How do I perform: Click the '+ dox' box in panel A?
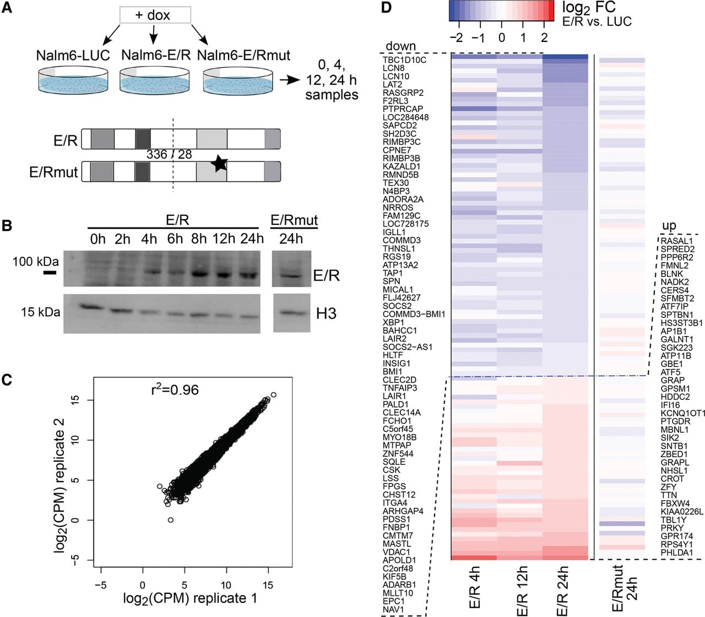pyautogui.click(x=155, y=15)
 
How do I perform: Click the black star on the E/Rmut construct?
pyautogui.click(x=219, y=164)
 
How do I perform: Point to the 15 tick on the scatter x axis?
pyautogui.click(x=267, y=585)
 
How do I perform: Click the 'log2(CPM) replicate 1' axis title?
pyautogui.click(x=190, y=598)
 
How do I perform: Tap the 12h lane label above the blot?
pyautogui.click(x=223, y=239)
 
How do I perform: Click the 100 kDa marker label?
pyautogui.click(x=36, y=262)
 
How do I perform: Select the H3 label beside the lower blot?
pyautogui.click(x=326, y=313)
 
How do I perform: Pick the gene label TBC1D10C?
pyautogui.click(x=404, y=60)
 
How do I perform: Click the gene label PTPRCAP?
pyautogui.click(x=403, y=109)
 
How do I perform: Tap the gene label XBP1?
pyautogui.click(x=393, y=322)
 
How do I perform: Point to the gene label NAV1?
pyautogui.click(x=393, y=609)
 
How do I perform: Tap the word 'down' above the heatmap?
pyautogui.click(x=401, y=46)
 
